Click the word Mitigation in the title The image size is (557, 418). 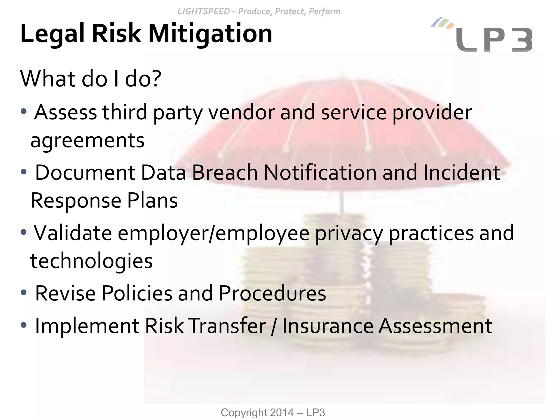coord(210,34)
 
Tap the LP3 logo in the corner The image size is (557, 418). coord(494,40)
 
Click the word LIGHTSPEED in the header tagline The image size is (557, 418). coord(203,11)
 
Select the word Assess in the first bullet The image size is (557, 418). coord(66,112)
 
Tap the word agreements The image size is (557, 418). coord(87,141)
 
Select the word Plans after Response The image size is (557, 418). coord(152,201)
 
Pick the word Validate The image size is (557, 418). coord(72,233)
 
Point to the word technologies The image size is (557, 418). coord(91,261)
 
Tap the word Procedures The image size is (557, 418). coord(272,293)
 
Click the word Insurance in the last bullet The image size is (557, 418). coord(328,326)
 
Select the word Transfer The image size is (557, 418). coord(227,326)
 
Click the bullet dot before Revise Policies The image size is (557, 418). coord(24,293)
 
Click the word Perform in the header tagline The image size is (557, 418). coord(324,11)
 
